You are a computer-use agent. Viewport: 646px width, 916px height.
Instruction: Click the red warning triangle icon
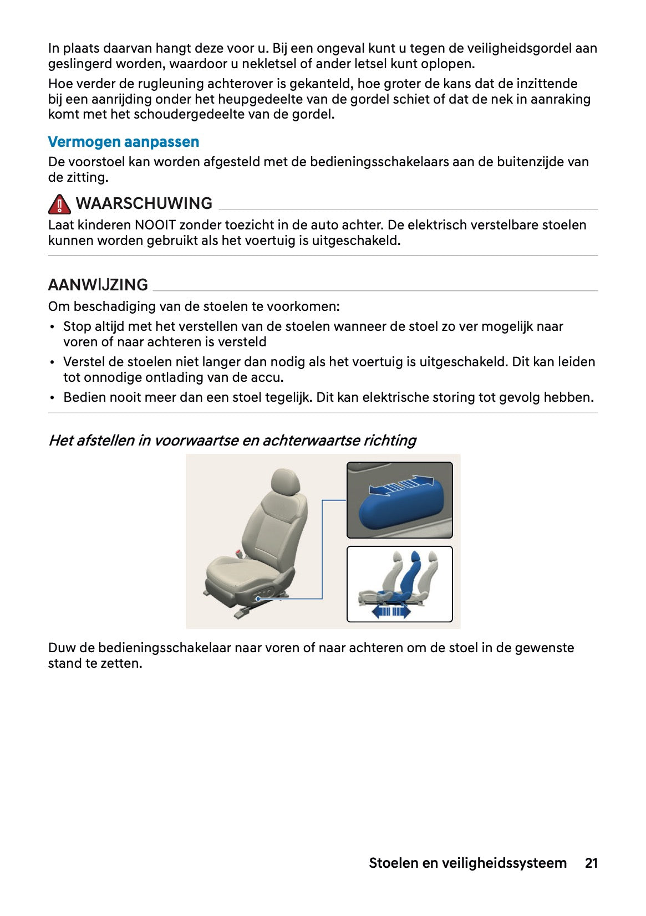coord(59,205)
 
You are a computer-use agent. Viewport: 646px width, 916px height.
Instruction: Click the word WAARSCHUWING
coord(144,203)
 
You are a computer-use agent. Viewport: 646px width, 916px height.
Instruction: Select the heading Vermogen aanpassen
coord(123,142)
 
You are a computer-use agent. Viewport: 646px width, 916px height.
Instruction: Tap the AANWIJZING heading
coord(98,285)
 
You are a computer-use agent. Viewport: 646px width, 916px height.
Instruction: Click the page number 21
coord(591,863)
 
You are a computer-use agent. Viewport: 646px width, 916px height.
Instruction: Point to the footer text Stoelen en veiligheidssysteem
coord(467,863)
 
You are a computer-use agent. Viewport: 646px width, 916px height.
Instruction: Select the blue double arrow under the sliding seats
coord(390,611)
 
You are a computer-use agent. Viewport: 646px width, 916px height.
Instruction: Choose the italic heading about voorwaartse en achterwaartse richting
coord(232,441)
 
